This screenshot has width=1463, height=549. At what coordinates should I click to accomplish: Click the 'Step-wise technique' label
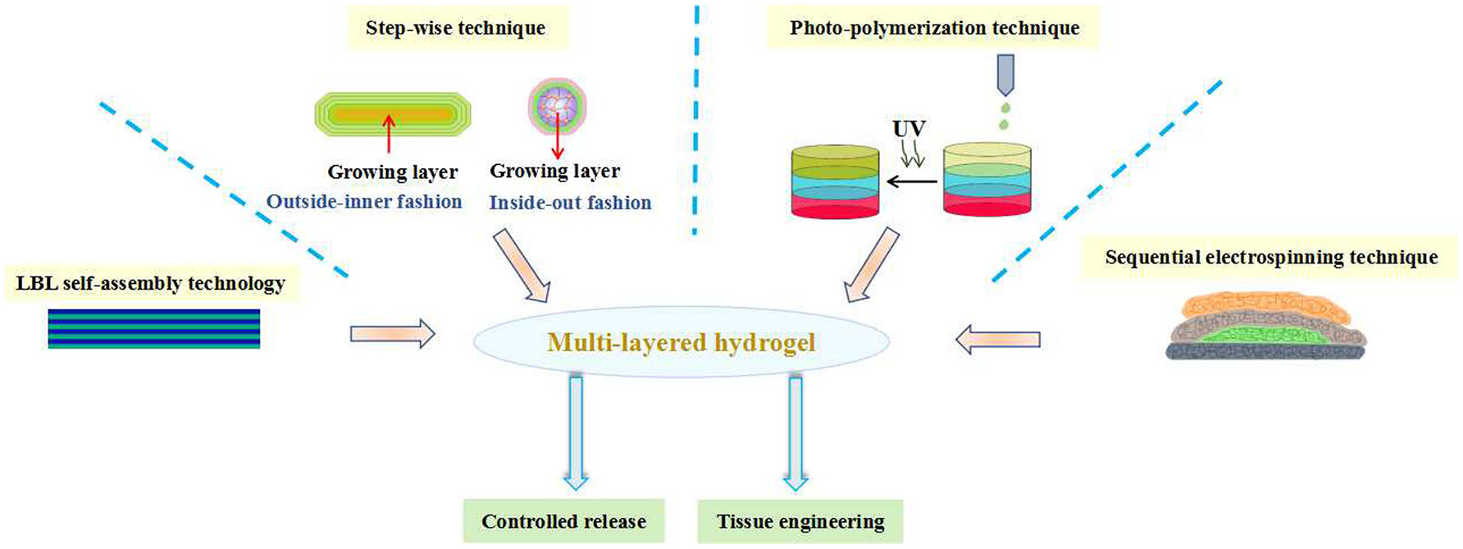(456, 28)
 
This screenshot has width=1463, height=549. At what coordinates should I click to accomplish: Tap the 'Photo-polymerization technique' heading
(934, 28)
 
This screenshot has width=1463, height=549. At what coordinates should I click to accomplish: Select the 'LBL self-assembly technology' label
(151, 284)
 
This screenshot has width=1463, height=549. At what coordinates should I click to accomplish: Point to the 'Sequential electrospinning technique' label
(1271, 258)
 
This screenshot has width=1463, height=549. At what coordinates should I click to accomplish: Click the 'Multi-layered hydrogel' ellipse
(681, 341)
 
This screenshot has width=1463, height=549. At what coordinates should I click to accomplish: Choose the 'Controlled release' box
(563, 522)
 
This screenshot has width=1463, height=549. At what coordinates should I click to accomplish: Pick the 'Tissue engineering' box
(800, 522)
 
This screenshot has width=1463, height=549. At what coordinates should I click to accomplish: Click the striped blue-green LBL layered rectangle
(154, 328)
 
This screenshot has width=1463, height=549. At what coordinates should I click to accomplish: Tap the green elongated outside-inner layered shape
(393, 114)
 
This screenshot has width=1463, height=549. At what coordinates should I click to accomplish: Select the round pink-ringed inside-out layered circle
(558, 107)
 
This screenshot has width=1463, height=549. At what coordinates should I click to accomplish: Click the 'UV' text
(909, 129)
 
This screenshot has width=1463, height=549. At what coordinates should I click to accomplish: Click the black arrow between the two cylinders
(911, 181)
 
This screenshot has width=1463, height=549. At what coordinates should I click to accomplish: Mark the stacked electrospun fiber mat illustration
(1266, 328)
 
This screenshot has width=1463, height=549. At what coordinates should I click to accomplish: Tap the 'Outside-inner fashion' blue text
(364, 202)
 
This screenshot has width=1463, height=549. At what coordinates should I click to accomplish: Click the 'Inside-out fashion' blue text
(570, 203)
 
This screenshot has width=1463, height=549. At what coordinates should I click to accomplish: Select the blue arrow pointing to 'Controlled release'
(576, 431)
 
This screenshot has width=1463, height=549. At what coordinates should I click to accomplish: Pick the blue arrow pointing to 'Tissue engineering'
(795, 431)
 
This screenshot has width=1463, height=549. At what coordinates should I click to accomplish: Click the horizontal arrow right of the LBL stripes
(392, 334)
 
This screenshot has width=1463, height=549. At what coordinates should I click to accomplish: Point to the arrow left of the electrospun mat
(998, 338)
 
